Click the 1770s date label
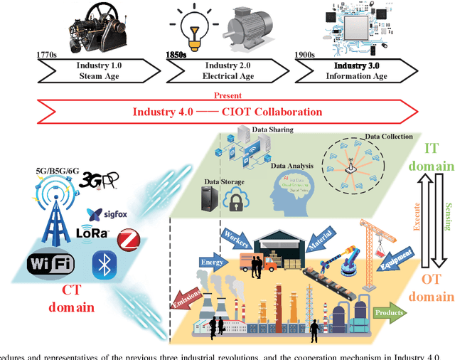pos(46,54)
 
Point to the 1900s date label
pos(306,54)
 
